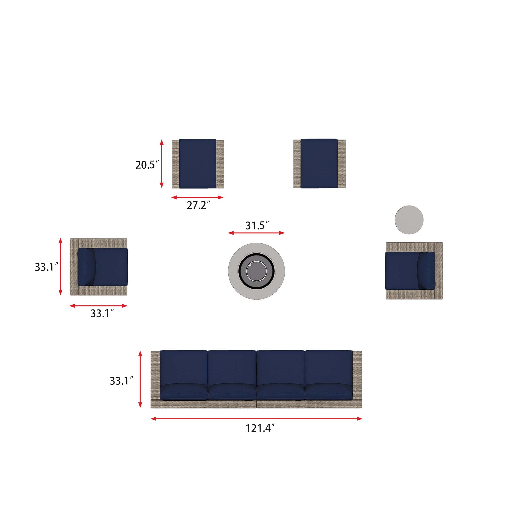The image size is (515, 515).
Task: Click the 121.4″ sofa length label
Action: tap(260, 428)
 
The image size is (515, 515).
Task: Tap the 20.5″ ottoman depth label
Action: tap(147, 165)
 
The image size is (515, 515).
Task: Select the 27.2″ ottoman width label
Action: tap(198, 205)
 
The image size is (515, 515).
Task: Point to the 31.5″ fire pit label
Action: tap(257, 226)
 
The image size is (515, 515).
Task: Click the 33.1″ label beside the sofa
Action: tap(122, 381)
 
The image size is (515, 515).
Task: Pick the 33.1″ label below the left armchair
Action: tap(102, 313)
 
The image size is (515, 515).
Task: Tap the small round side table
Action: tap(409, 220)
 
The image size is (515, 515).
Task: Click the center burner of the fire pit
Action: tap(256, 271)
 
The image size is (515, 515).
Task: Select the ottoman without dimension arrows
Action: tap(319, 164)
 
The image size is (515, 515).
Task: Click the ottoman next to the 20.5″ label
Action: tap(198, 164)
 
